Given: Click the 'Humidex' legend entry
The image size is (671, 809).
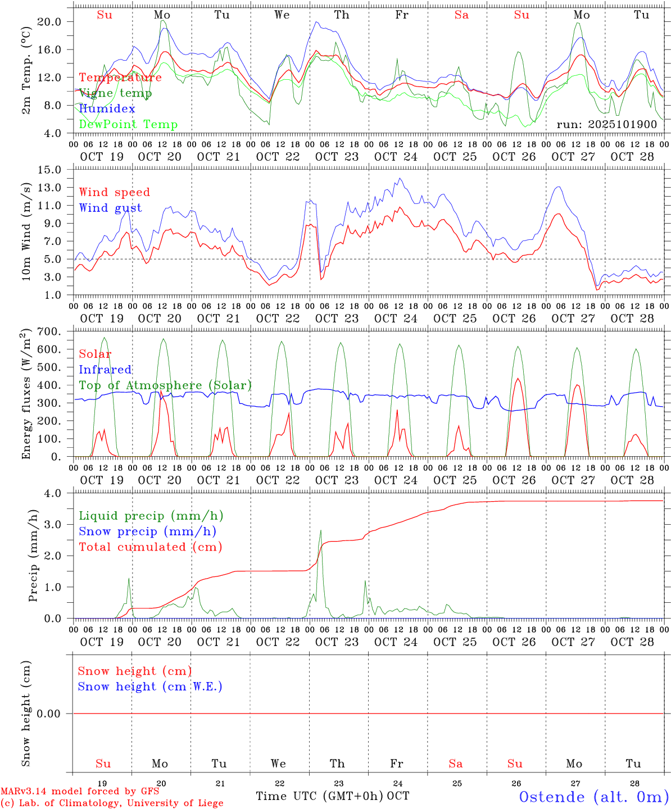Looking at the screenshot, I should point(107,108).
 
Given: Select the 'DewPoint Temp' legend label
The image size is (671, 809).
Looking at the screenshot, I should point(128,124).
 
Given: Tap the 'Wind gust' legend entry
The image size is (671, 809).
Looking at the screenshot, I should point(110,208).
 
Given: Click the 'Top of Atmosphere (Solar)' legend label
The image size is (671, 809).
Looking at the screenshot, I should point(165,385).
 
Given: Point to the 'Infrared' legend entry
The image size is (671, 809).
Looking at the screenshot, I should point(105,370).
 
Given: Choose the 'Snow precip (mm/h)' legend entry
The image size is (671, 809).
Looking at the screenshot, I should point(147,531).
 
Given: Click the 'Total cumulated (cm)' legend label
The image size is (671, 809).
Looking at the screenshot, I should point(150,547).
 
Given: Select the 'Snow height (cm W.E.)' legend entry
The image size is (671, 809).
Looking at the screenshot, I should point(150,687).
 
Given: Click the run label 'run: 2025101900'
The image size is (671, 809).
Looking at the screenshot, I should point(606,124).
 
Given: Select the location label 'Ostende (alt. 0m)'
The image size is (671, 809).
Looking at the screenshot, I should point(594,797).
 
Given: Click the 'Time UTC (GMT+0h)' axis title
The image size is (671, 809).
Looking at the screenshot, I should point(319,796).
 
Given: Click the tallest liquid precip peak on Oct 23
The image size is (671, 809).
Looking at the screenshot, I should point(320,530).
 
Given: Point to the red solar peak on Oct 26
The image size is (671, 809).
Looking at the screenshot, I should point(518,379).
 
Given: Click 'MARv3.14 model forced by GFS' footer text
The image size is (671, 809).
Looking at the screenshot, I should point(80,791).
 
